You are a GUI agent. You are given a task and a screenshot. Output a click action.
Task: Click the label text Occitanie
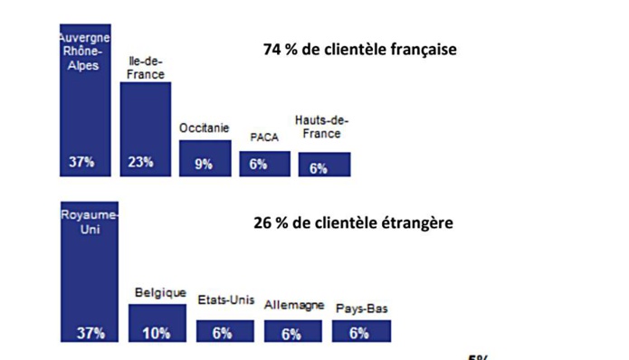click(205, 128)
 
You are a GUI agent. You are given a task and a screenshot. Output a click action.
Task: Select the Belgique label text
click(160, 293)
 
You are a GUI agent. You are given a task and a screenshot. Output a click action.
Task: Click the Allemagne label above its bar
click(294, 306)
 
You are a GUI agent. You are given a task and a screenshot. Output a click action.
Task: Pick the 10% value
click(157, 333)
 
